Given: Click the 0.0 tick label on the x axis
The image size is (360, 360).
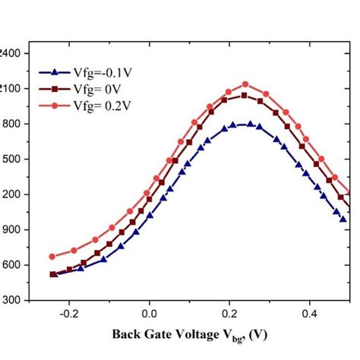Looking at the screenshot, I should (x=150, y=312).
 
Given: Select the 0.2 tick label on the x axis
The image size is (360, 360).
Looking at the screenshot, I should (x=229, y=312).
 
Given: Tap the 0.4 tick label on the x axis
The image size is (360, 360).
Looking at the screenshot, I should (x=309, y=312).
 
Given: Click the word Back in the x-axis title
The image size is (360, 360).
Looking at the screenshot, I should (x=128, y=334).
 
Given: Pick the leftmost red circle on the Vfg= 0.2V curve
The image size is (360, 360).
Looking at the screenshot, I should (x=52, y=257).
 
